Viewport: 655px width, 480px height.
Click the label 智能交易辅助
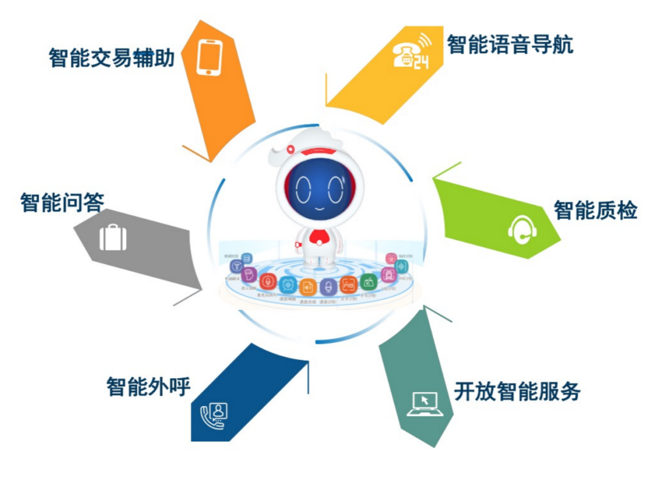[x=112, y=58]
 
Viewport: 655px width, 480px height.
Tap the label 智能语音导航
[x=510, y=44]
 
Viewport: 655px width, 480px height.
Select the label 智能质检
[x=595, y=210]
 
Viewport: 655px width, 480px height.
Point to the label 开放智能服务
[x=517, y=392]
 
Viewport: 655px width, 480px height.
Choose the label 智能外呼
[x=149, y=387]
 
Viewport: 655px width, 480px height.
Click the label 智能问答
[x=62, y=202]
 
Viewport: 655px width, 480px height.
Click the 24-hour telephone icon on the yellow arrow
[x=410, y=52]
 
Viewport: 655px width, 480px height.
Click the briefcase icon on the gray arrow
[x=113, y=237]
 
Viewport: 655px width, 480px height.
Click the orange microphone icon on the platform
[x=266, y=281]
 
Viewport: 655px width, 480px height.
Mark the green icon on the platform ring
[x=368, y=281]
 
